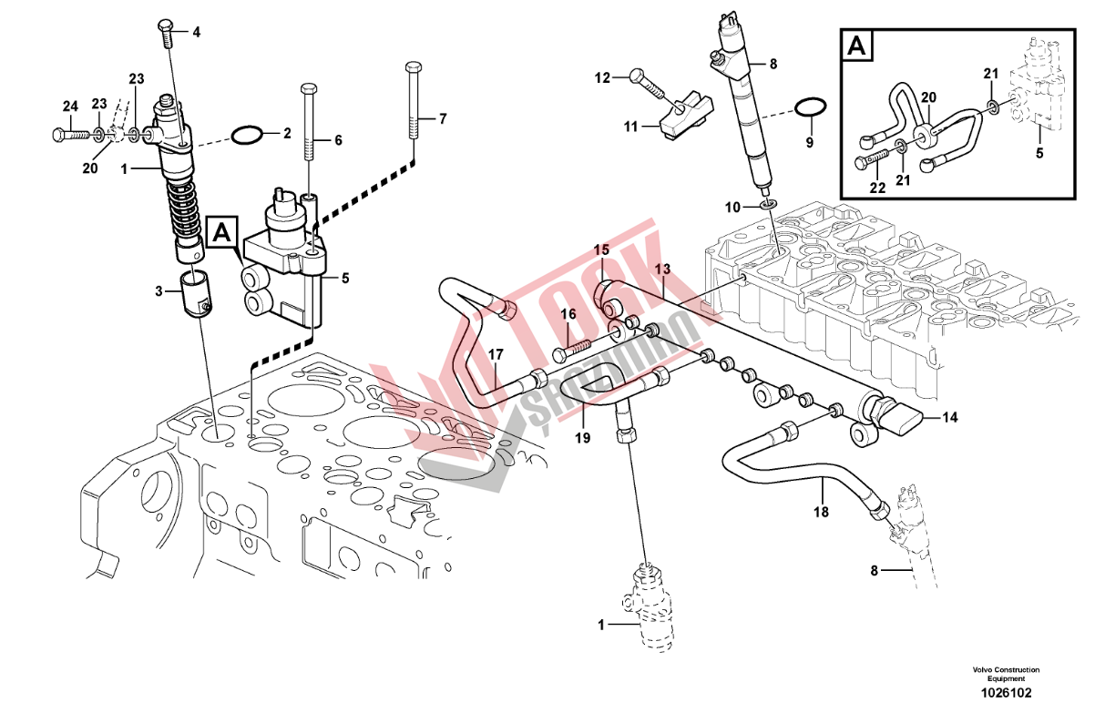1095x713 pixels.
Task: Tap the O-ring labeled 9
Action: tap(809, 108)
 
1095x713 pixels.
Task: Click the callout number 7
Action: tap(443, 118)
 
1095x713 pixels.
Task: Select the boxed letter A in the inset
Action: tap(855, 46)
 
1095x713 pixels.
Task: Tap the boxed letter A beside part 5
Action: tap(222, 234)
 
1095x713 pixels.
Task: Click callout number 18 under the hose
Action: tap(822, 513)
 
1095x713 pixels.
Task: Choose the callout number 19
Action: tap(582, 437)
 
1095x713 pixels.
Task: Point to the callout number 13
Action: tap(662, 269)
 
